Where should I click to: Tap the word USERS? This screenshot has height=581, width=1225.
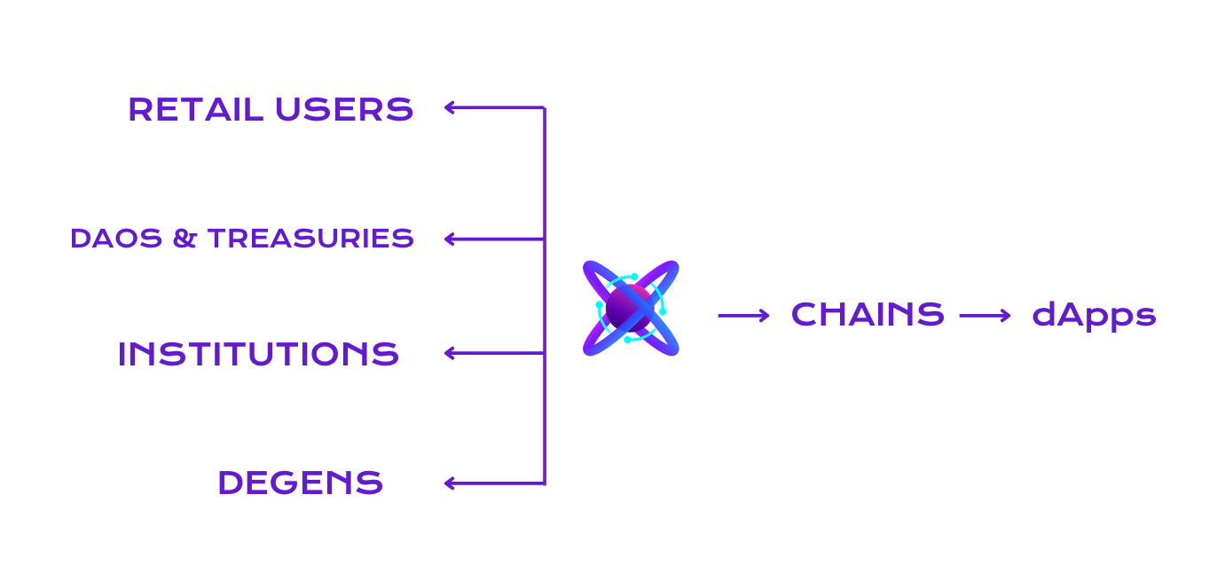pyautogui.click(x=344, y=109)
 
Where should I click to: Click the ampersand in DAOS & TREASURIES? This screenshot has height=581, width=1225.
pyautogui.click(x=185, y=239)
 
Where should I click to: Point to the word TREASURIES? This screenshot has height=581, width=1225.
pyautogui.click(x=310, y=239)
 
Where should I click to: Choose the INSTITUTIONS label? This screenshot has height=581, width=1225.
pyautogui.click(x=258, y=354)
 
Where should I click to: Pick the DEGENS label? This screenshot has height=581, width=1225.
pyautogui.click(x=300, y=483)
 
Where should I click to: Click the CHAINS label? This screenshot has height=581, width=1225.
pyautogui.click(x=867, y=315)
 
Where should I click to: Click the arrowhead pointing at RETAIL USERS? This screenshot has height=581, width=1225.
pyautogui.click(x=449, y=108)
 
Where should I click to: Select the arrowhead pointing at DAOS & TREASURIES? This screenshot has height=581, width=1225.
pyautogui.click(x=449, y=239)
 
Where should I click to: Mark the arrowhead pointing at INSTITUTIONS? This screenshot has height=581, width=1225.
pyautogui.click(x=449, y=353)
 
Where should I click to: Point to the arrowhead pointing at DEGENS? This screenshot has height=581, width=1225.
pyautogui.click(x=449, y=483)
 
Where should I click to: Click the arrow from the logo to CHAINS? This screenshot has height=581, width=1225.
pyautogui.click(x=743, y=315)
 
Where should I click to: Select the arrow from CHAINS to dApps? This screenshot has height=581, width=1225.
pyautogui.click(x=985, y=315)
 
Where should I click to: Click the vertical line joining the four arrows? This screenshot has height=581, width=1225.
pyautogui.click(x=544, y=293)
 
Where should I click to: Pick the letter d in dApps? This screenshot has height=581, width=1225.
pyautogui.click(x=1042, y=314)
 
